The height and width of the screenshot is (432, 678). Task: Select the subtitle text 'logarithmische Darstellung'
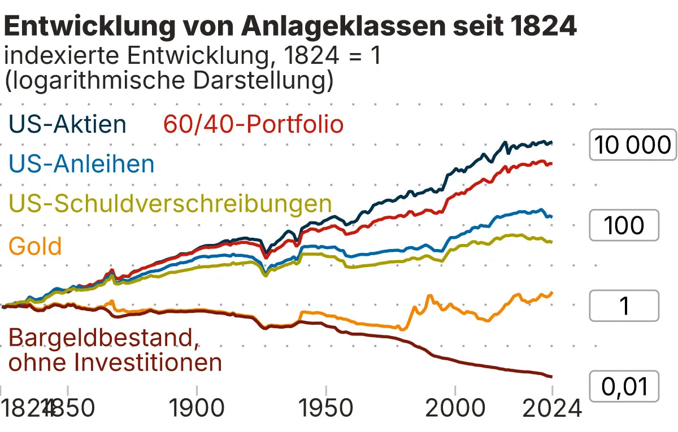click(x=169, y=81)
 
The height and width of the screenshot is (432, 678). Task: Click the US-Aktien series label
click(x=67, y=124)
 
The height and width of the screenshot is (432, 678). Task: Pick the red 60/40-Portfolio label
click(x=253, y=124)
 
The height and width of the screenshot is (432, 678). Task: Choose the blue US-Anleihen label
click(x=82, y=164)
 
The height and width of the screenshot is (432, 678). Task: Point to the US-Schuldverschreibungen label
click(x=170, y=204)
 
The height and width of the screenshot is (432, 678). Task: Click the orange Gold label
click(x=35, y=246)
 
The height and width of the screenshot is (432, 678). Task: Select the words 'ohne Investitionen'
click(x=115, y=362)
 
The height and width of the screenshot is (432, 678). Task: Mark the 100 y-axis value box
click(x=624, y=225)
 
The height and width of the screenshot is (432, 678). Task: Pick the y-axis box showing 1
click(x=624, y=306)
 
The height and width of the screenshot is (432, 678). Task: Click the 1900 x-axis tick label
click(x=197, y=408)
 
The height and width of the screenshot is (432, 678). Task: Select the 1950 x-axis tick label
click(x=325, y=408)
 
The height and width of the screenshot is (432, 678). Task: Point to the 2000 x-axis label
click(x=454, y=408)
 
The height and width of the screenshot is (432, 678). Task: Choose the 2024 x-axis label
click(x=551, y=408)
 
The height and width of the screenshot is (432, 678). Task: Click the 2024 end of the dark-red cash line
click(x=551, y=377)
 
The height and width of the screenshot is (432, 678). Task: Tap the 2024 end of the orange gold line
click(x=551, y=293)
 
